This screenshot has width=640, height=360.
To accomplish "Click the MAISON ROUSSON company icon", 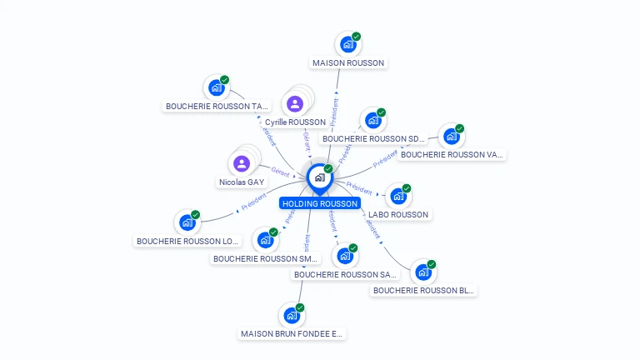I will tap(347, 44).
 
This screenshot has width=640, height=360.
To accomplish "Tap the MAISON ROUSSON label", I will tap(349, 62).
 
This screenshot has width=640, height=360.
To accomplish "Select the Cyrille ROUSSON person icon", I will tap(294, 104).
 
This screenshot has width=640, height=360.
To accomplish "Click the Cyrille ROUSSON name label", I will tap(295, 122).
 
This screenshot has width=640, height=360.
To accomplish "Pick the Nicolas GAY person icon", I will tap(242, 163).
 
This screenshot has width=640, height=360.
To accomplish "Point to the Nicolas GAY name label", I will tap(242, 182).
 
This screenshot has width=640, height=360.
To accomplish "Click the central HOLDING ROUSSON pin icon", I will tap(319, 177).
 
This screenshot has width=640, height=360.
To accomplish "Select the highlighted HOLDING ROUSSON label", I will tap(320, 203).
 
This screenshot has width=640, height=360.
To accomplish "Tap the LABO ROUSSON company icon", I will tap(398, 197).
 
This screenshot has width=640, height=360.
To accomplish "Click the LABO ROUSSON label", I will tap(398, 214).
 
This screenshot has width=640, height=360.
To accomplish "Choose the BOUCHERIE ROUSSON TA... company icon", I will tap(217, 87).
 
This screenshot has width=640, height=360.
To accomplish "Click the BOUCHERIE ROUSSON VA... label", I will tap(452, 154).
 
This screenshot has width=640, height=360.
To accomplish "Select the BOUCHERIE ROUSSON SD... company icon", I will tap(372, 121).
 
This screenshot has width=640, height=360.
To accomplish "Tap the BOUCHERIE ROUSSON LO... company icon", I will tap(187, 222).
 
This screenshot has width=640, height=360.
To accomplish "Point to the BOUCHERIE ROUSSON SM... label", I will tap(266, 258).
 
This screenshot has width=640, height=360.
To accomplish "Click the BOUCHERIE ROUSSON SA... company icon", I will tap(344, 257).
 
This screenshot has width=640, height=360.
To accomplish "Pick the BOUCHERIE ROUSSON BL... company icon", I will tap(422, 272).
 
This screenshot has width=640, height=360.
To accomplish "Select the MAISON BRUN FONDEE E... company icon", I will tap(291, 316).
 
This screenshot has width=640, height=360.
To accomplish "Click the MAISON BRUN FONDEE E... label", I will tap(292, 333).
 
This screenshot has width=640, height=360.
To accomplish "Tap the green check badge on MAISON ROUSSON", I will tap(357, 37).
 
